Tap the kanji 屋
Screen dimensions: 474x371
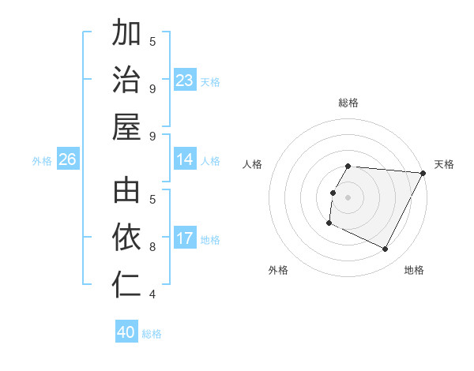pos(127,126)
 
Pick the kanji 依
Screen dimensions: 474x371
pos(127,237)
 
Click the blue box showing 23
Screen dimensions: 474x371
pos(185,81)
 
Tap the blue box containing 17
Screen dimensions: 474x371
pos(185,239)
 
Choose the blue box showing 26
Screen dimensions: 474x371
pos(67,160)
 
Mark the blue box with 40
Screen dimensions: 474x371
pos(126,332)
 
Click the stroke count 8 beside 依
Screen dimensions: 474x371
pos(152,246)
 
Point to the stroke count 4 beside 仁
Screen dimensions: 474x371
pos(152,294)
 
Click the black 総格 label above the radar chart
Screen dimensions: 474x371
pos(348,103)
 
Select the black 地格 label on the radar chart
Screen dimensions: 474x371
pos(414,270)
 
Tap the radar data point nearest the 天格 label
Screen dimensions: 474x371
pos(423,173)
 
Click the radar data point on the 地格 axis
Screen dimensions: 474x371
pos(386,249)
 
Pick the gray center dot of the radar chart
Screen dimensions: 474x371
pos(348,197)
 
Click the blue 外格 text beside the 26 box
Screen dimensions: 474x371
pos(42,161)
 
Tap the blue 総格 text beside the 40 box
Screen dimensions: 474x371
pos(152,334)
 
